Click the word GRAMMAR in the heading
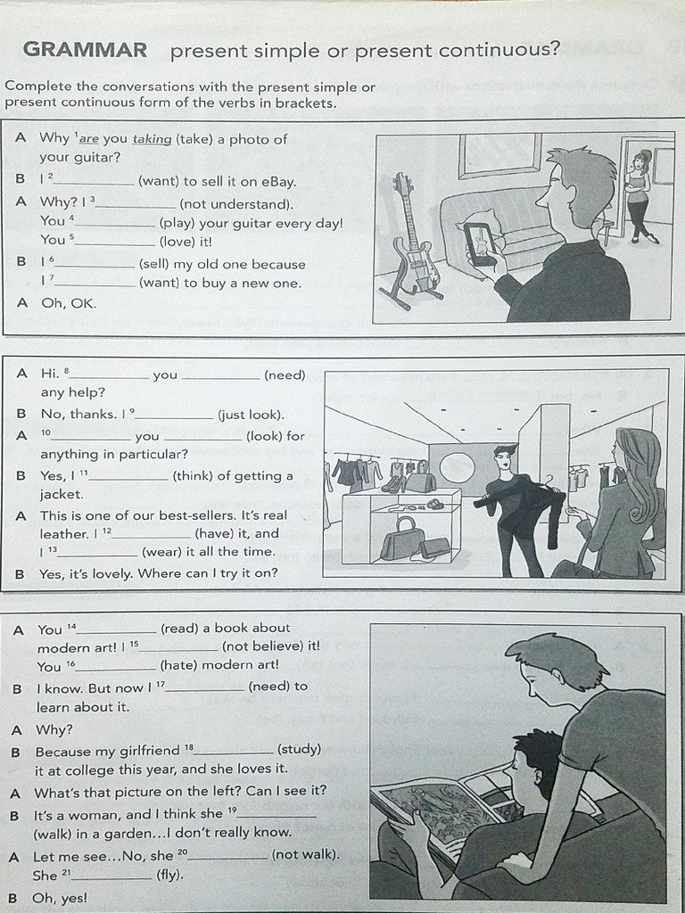[85, 50]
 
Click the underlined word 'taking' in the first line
[152, 139]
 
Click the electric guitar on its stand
[410, 241]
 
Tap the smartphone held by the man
[480, 243]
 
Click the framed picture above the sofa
[499, 155]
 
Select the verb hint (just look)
[251, 415]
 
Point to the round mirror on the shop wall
[458, 467]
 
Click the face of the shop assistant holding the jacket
[504, 459]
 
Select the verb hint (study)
[299, 750]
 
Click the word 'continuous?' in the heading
[504, 50]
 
